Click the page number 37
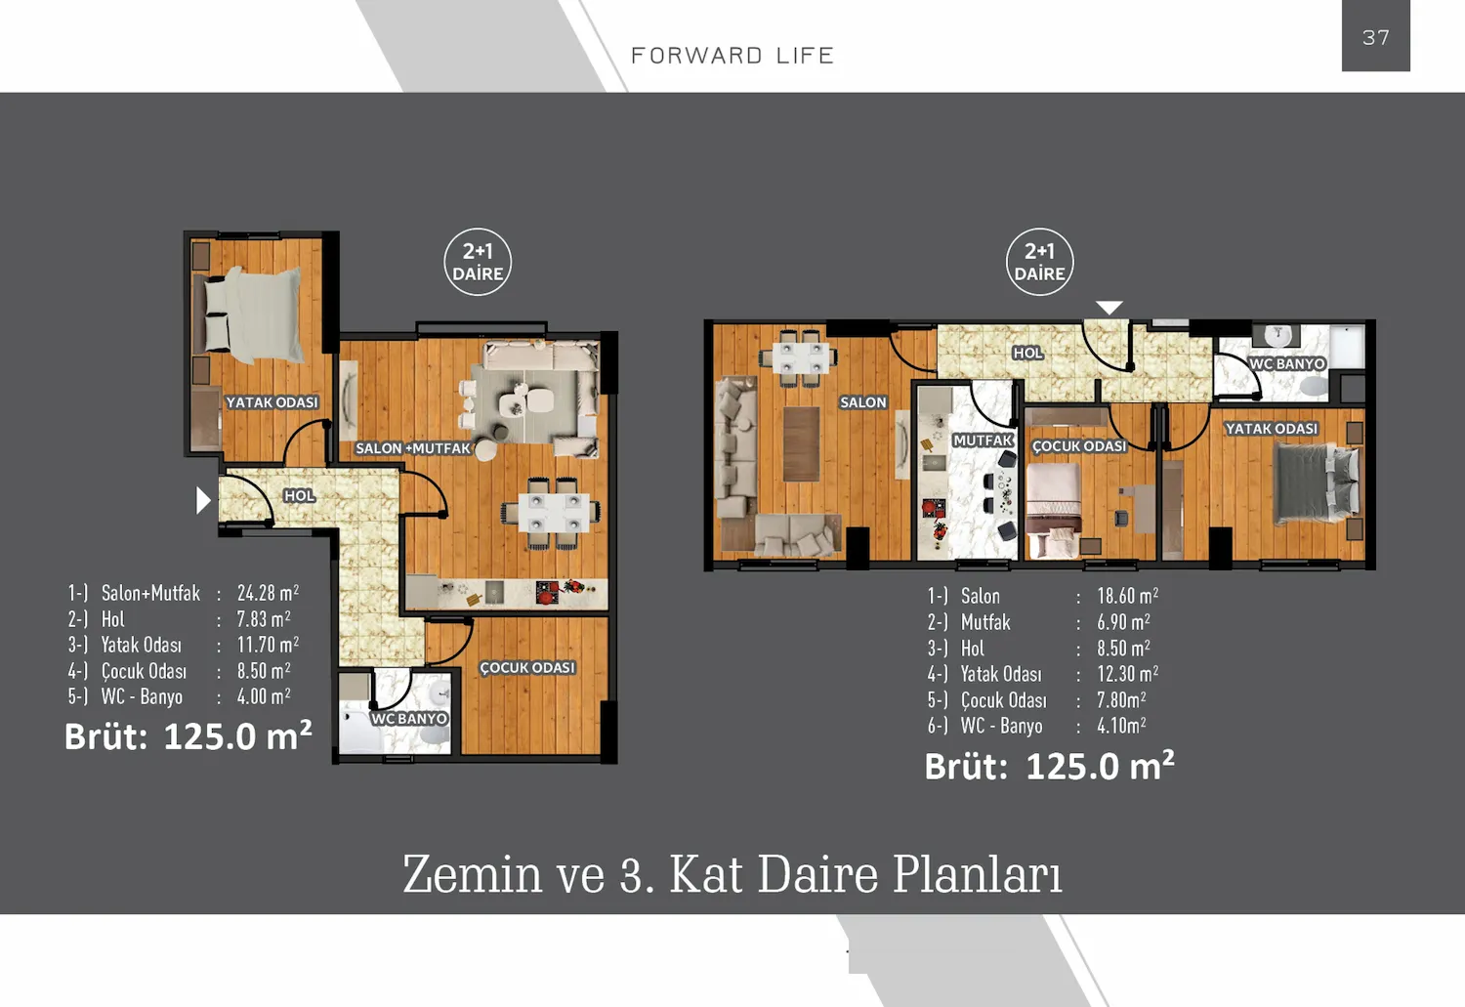[1375, 37]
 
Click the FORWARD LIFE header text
[732, 56]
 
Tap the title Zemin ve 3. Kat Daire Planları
[732, 874]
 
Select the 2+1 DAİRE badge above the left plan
[478, 263]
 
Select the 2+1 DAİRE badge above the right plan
[1039, 263]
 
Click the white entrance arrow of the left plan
[203, 500]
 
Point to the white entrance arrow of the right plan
[1109, 308]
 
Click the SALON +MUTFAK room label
[413, 448]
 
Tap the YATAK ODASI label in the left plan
[272, 402]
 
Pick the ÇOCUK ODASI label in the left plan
[527, 668]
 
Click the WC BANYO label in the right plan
[1287, 364]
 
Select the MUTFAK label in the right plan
[983, 441]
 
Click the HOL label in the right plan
[1027, 354]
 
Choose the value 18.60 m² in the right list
[1127, 596]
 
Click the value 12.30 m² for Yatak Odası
[1127, 674]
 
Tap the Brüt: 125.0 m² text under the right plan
[1049, 767]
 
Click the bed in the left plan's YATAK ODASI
[252, 311]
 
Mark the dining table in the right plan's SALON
[803, 357]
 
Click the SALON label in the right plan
[863, 402]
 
